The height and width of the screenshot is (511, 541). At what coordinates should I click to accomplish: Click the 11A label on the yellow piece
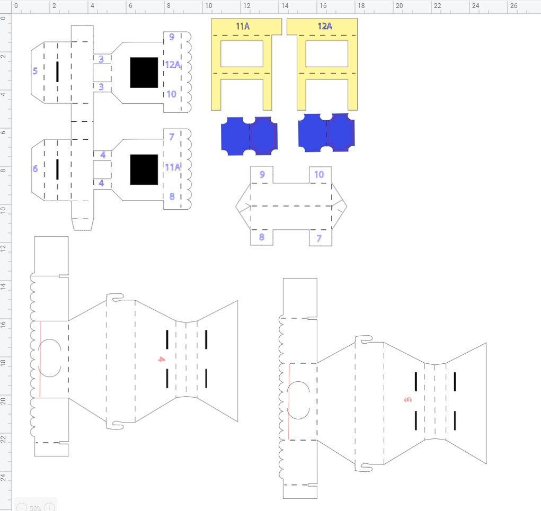243,26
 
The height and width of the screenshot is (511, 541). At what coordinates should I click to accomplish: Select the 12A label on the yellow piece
325,26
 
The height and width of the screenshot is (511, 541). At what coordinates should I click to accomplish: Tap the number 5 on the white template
35,71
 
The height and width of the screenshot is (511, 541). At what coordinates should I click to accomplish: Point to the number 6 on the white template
35,168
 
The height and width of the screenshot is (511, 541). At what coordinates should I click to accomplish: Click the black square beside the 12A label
144,73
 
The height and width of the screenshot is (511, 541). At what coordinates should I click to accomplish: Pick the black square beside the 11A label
144,169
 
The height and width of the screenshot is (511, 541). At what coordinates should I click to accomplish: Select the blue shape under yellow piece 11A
249,136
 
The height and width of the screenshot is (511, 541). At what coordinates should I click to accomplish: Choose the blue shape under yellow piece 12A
326,133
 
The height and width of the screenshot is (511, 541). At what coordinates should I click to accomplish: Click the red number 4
161,359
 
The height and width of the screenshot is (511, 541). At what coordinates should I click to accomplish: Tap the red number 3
408,400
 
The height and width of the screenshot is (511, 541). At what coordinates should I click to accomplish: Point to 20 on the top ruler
399,5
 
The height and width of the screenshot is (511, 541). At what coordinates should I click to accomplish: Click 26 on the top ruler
514,5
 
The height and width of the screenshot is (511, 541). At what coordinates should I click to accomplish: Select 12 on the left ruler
4,248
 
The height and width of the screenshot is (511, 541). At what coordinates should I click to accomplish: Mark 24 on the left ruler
4,477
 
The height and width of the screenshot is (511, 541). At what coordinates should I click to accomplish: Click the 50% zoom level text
36,508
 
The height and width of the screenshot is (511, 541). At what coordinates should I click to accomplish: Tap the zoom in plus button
49,507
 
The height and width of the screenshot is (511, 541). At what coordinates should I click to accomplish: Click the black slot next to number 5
57,71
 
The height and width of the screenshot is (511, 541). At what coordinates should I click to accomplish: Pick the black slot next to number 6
57,169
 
